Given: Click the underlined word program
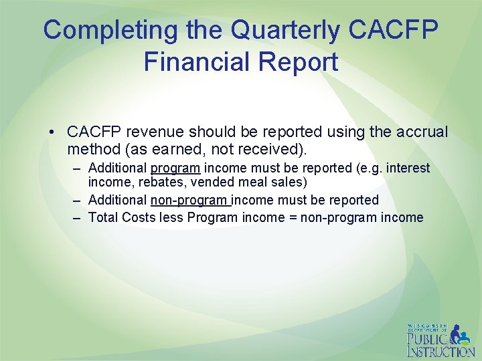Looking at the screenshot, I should (x=175, y=168).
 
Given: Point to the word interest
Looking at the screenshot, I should (x=408, y=168).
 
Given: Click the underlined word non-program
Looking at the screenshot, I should (x=191, y=200).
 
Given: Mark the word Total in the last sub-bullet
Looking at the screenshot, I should (x=103, y=217).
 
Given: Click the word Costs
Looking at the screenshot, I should (x=139, y=217).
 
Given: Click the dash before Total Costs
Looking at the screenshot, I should (x=77, y=217).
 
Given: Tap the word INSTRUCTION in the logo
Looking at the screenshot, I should (x=441, y=352).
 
